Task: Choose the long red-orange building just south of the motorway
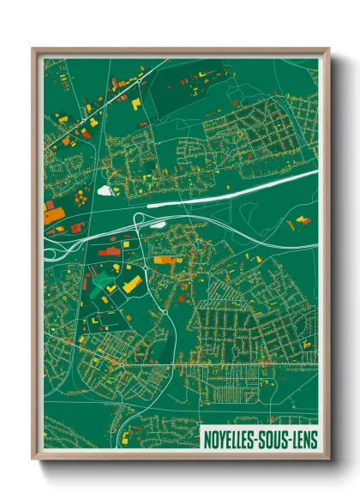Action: pyautogui.click(x=108, y=250)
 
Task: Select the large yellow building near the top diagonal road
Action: pyautogui.click(x=135, y=103)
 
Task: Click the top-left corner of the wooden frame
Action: pyautogui.click(x=33, y=49)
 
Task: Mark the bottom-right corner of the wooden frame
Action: pyautogui.click(x=329, y=461)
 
